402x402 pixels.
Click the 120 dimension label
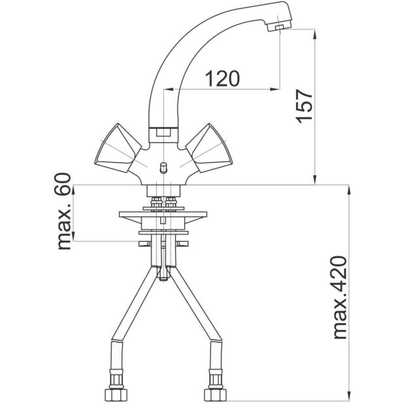click(222, 78)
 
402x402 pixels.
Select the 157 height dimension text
click(304, 106)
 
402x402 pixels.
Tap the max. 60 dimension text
click(63, 211)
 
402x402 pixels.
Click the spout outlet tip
click(279, 27)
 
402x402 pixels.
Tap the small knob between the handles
click(163, 168)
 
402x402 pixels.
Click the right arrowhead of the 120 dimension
click(275, 89)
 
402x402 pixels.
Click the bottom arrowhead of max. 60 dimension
click(74, 237)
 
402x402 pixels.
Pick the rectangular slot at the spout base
click(163, 133)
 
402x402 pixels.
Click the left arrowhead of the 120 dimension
click(169, 89)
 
